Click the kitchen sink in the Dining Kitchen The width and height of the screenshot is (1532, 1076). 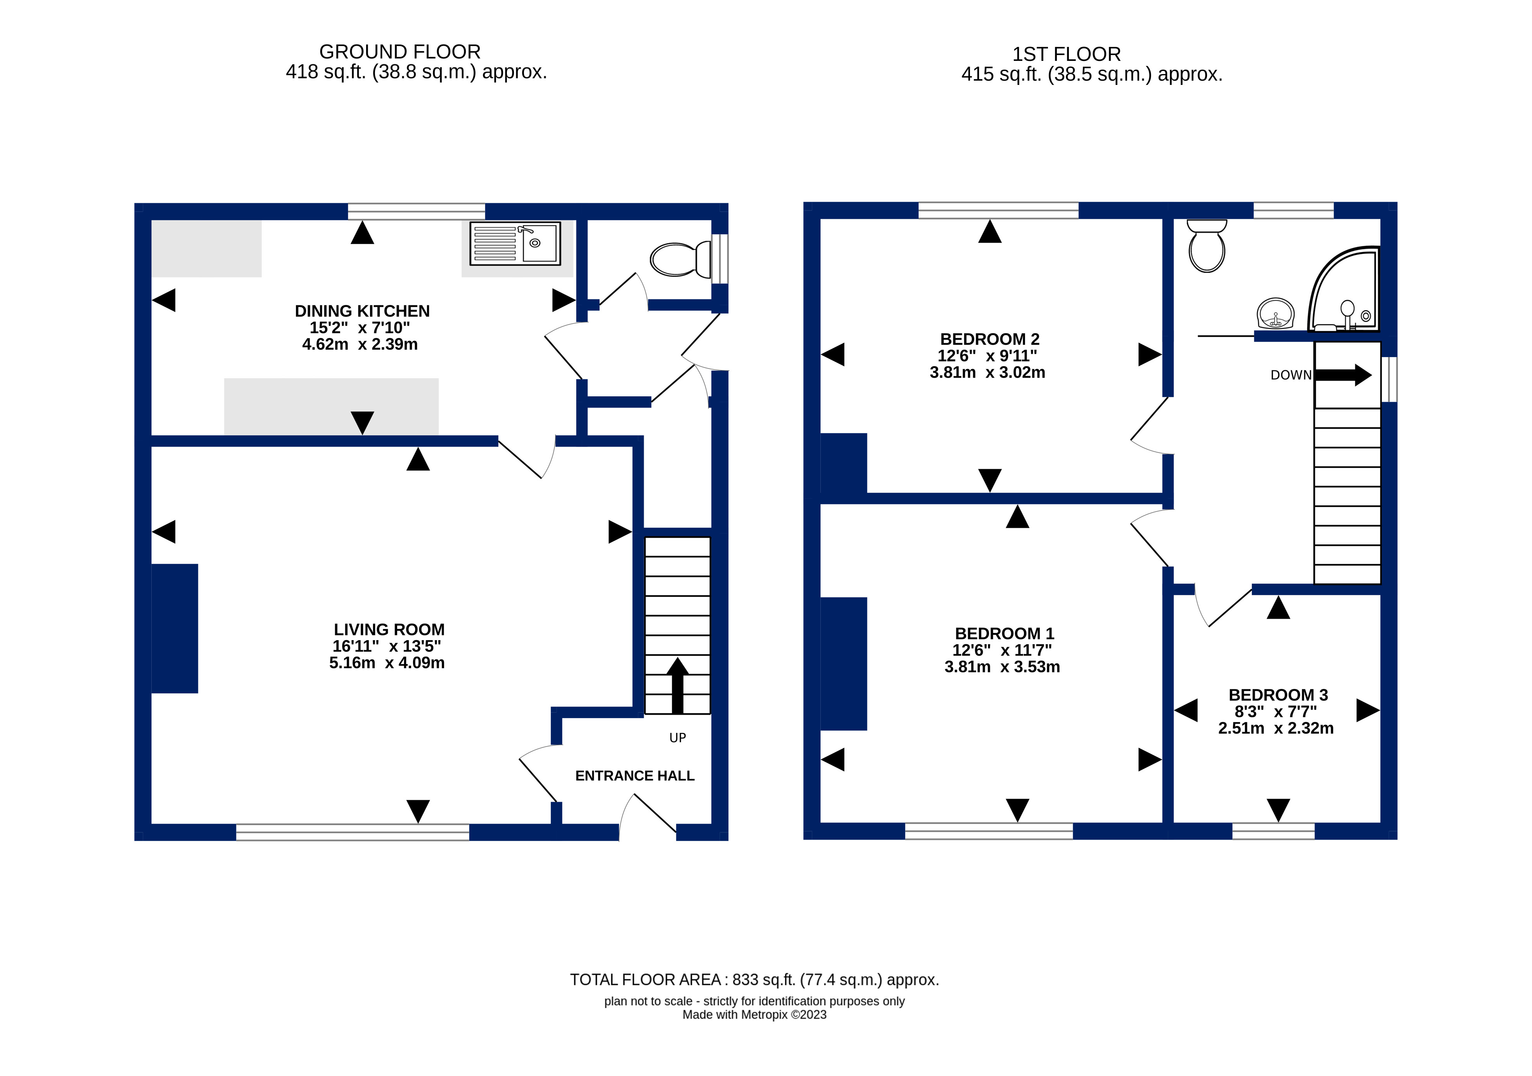[515, 244]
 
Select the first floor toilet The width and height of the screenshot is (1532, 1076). [1206, 247]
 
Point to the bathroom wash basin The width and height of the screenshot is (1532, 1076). [1275, 314]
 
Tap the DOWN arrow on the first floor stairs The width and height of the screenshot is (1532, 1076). [1342, 375]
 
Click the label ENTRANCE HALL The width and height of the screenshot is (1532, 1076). [635, 776]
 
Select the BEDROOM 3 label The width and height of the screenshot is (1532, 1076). [1278, 695]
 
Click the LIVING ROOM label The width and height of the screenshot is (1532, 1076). [389, 630]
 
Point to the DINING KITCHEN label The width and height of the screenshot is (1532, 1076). [362, 311]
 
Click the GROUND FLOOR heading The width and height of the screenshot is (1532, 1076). [400, 51]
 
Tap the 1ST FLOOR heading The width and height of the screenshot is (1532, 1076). [1066, 54]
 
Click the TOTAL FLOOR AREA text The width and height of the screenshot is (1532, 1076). [754, 979]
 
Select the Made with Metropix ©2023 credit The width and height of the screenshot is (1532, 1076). [754, 1015]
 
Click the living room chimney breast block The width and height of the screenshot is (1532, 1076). [175, 629]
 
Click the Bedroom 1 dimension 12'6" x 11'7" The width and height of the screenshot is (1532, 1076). [1001, 650]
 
